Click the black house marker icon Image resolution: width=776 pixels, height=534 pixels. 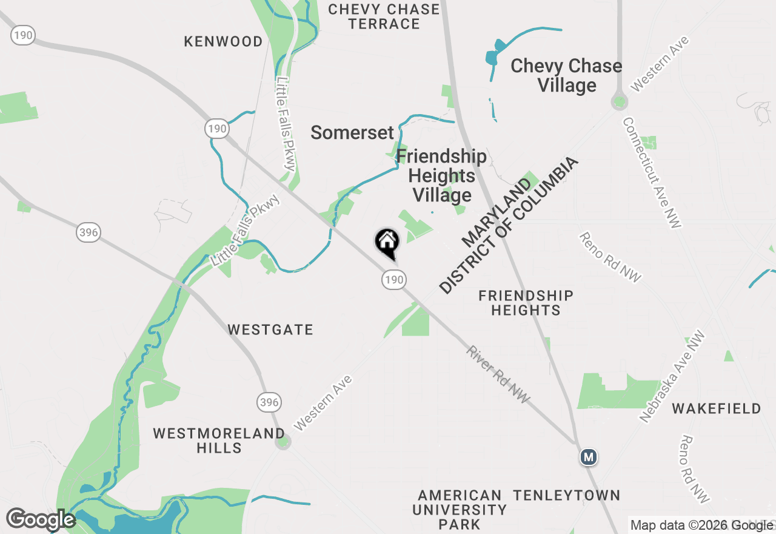(x=387, y=243)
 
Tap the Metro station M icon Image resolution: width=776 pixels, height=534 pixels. (x=588, y=457)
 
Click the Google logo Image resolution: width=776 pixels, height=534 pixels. (x=41, y=519)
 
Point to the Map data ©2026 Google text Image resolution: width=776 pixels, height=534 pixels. (x=702, y=526)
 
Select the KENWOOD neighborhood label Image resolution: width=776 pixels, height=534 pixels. (x=223, y=41)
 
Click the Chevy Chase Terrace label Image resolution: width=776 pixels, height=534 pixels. (x=384, y=16)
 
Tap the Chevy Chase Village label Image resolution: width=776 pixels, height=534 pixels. (x=566, y=75)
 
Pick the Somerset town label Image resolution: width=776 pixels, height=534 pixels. (x=352, y=132)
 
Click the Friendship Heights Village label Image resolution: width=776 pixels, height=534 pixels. (x=441, y=175)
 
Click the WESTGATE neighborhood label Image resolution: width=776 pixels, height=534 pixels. (x=270, y=330)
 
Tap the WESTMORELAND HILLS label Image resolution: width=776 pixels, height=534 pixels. (x=219, y=441)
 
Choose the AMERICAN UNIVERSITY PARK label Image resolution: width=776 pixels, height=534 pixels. (x=459, y=510)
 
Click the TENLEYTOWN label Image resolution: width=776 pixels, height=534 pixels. (x=566, y=495)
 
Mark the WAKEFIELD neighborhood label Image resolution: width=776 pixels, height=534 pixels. (x=716, y=408)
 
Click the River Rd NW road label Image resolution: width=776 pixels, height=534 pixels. (x=498, y=374)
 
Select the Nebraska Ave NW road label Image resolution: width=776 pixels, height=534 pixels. (x=673, y=376)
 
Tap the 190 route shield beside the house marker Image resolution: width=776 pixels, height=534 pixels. (x=393, y=280)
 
